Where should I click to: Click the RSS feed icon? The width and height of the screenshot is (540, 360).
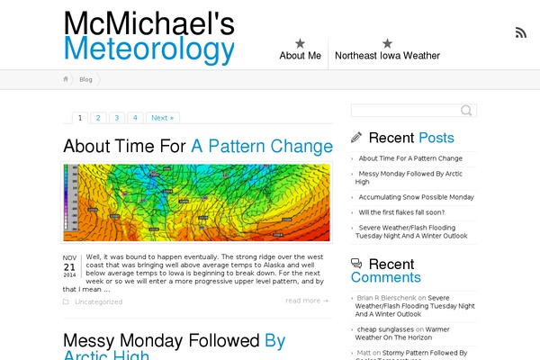520,33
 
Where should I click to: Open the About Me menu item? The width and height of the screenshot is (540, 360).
300,55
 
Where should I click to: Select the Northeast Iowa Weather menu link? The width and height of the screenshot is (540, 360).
387,55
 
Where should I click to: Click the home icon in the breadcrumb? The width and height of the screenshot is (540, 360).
66,79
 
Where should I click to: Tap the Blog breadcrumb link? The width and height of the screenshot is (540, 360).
85,79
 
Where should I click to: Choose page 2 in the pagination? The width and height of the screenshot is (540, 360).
97,118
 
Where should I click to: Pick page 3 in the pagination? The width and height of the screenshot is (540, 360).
116,118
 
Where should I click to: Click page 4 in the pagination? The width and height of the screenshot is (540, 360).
135,118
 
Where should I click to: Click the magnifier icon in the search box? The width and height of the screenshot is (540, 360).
466,111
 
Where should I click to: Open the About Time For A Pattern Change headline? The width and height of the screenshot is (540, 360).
198,146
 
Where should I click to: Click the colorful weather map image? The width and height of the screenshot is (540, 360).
196,202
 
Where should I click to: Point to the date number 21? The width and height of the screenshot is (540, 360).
69,267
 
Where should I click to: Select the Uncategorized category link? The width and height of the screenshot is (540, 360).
98,301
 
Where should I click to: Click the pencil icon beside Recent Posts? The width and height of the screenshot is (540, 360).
356,138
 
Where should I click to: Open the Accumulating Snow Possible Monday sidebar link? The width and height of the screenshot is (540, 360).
416,197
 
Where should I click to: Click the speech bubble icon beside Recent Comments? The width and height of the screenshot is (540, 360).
356,264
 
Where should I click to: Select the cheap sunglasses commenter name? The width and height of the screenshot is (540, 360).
385,329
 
